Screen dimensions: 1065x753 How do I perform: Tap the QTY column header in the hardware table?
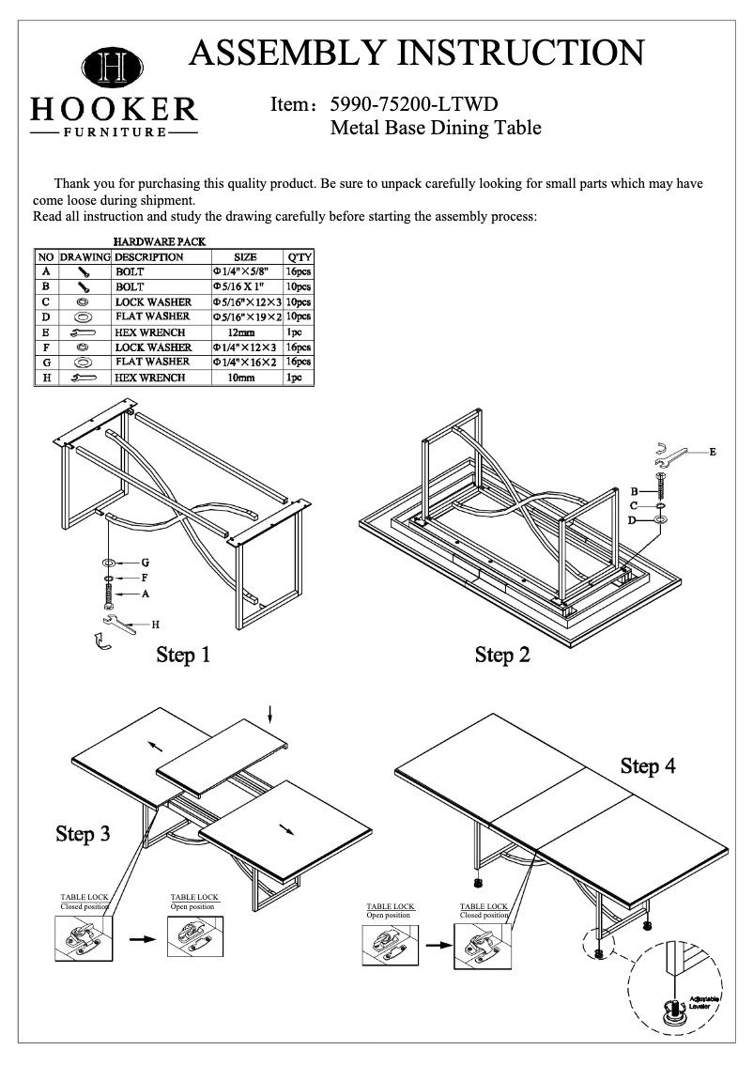click(300, 256)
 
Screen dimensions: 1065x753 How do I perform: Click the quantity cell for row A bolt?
click(300, 270)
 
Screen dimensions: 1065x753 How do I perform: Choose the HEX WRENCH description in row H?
click(150, 378)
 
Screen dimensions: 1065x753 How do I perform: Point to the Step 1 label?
click(183, 655)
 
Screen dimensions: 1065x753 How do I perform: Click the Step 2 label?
click(502, 655)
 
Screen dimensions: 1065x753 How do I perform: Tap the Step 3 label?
click(83, 833)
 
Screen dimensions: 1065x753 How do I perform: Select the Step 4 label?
click(648, 766)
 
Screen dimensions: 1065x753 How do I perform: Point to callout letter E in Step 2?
click(713, 453)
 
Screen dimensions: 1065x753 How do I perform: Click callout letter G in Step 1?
click(146, 563)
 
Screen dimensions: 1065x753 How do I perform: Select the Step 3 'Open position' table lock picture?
click(193, 934)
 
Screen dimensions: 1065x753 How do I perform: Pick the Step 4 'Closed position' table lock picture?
click(483, 944)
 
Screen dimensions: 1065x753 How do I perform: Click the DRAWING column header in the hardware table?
click(85, 256)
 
